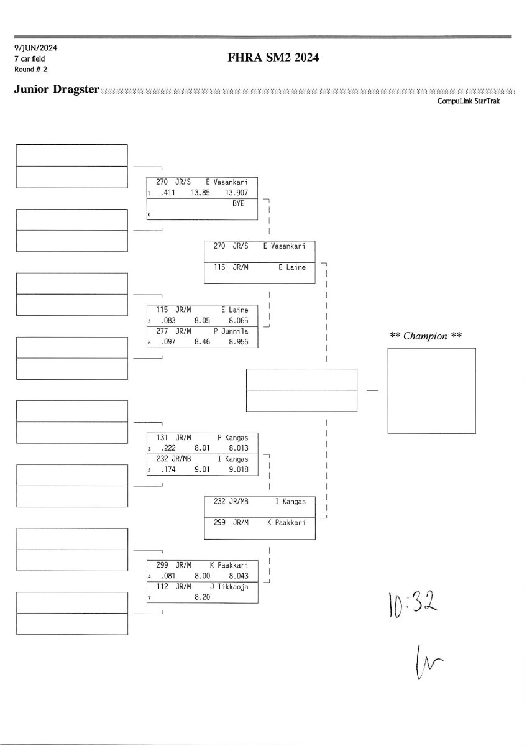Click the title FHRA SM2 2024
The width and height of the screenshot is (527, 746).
click(x=273, y=58)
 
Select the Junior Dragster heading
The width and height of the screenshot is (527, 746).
click(x=57, y=90)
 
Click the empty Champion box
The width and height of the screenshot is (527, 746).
click(x=431, y=390)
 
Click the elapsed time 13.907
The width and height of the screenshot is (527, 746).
click(x=238, y=193)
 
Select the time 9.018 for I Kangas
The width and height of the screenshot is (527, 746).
click(x=238, y=470)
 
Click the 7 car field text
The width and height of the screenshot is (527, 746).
click(x=29, y=58)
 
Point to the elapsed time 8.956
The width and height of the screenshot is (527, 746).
click(x=238, y=342)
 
